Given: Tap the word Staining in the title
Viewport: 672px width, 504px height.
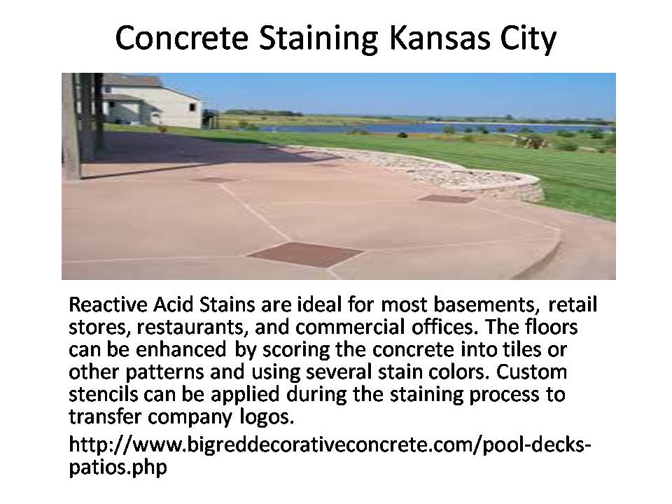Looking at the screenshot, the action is point(318,39).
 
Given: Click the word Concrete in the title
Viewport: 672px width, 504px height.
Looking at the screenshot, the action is point(182,38).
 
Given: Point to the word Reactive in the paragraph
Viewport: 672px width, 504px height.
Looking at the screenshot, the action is point(108,304).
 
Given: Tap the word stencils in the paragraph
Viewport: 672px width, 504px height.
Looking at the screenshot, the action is point(104,394).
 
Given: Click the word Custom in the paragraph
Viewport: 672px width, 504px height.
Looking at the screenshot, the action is point(531,372).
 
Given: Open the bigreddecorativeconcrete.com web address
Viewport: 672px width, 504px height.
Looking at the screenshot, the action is point(330,444).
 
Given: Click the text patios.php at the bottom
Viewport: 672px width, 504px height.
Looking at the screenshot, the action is point(118,467).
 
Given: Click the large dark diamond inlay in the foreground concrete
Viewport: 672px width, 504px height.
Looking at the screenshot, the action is point(306,254).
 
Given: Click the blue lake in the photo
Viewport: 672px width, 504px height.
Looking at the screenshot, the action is point(428,127).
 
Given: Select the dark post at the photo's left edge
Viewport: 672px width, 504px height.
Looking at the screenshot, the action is point(71,126).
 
